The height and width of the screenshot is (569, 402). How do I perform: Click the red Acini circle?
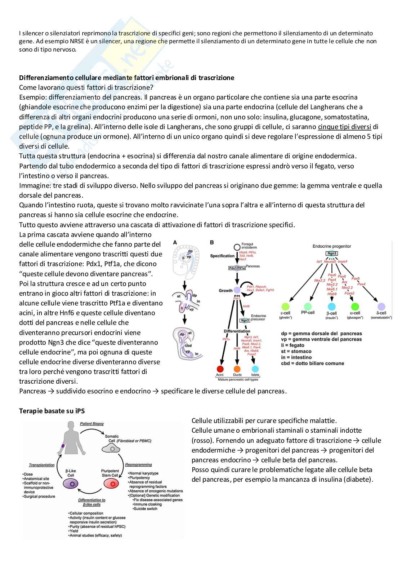[220, 369]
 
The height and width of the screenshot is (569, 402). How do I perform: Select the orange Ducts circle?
[237, 369]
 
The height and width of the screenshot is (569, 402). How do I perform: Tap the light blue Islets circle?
[255, 369]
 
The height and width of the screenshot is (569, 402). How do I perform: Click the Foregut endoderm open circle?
[237, 247]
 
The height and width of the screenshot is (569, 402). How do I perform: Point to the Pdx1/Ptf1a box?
[237, 268]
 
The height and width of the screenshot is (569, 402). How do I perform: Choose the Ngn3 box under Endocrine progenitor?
[331, 253]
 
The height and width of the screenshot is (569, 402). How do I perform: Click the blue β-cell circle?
[331, 306]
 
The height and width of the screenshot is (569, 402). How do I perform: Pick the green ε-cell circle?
[285, 306]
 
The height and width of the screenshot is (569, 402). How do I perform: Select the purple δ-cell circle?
[381, 306]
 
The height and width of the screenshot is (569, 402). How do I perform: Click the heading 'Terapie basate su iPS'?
[52, 411]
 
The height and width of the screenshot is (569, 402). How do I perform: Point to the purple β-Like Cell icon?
[71, 484]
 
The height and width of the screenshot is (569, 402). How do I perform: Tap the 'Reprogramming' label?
[138, 465]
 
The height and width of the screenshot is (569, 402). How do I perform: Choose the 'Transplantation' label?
[42, 465]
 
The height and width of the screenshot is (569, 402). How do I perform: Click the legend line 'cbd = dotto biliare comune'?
[312, 363]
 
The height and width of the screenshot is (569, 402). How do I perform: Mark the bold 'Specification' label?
[222, 256]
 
